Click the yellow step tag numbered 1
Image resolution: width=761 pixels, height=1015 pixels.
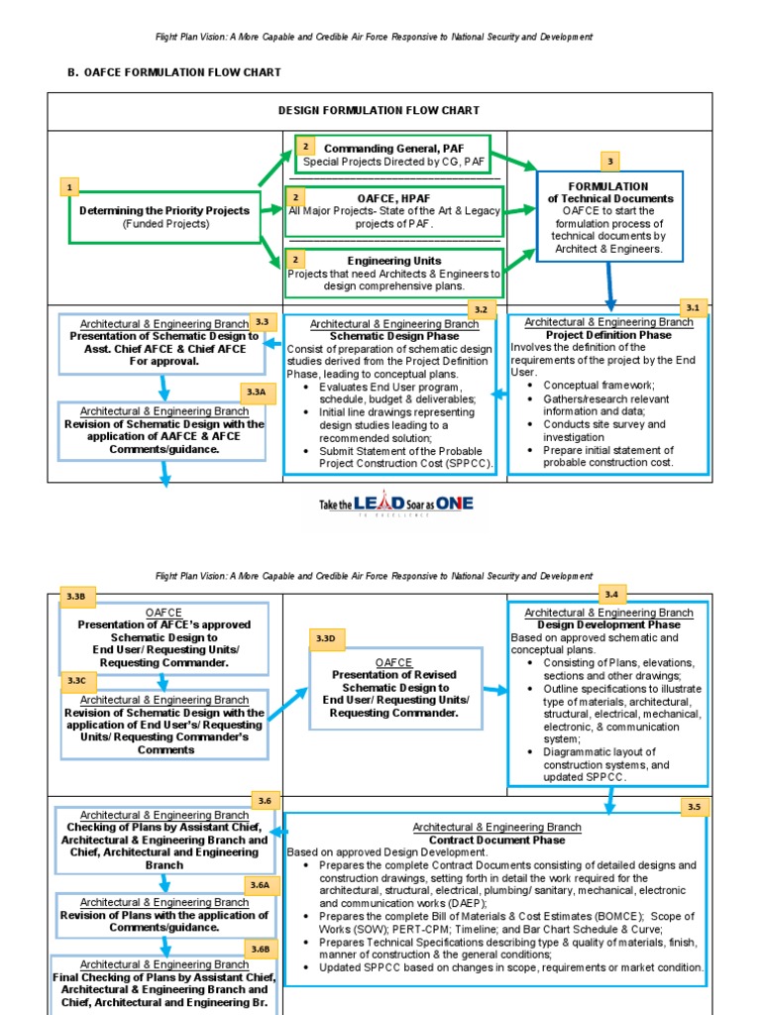point(69,186)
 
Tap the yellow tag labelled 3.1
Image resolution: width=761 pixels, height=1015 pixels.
point(692,308)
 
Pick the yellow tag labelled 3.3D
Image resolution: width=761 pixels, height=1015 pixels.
point(325,638)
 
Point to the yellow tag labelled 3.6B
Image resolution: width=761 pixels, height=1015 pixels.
point(260,949)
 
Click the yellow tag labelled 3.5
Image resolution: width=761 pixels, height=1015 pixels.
point(693,807)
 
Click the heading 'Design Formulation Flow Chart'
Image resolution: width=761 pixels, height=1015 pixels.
point(380,111)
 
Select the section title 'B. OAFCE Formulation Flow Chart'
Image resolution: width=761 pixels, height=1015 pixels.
point(173,72)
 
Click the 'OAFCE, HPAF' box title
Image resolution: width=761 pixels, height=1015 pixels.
point(393,198)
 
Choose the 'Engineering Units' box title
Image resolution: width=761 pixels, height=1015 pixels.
point(393,261)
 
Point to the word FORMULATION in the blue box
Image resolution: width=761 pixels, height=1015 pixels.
point(608,186)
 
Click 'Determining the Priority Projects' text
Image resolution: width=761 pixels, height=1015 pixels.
point(164,210)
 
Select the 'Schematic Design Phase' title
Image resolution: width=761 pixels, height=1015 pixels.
point(394,336)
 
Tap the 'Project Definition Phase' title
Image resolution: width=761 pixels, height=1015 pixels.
point(609,335)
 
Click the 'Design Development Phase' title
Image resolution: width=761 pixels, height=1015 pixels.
point(608,625)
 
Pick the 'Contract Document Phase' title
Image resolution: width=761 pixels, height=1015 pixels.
point(496,840)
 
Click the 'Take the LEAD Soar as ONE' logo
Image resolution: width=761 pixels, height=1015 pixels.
point(396,505)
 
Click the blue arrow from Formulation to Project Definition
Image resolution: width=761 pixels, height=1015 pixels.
point(610,287)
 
